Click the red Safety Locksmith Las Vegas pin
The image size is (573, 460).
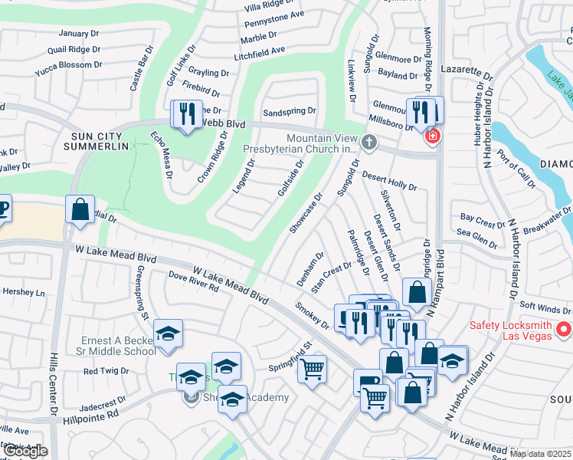point(564,330)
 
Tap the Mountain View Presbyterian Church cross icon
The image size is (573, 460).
point(369,141)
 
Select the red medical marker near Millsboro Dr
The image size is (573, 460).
point(432,136)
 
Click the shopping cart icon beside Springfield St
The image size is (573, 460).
point(312,369)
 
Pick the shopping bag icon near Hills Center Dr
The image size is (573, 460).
point(80,209)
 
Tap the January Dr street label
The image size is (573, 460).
point(79,33)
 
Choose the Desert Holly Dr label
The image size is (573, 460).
point(388,180)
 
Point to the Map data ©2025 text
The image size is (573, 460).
point(540,454)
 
